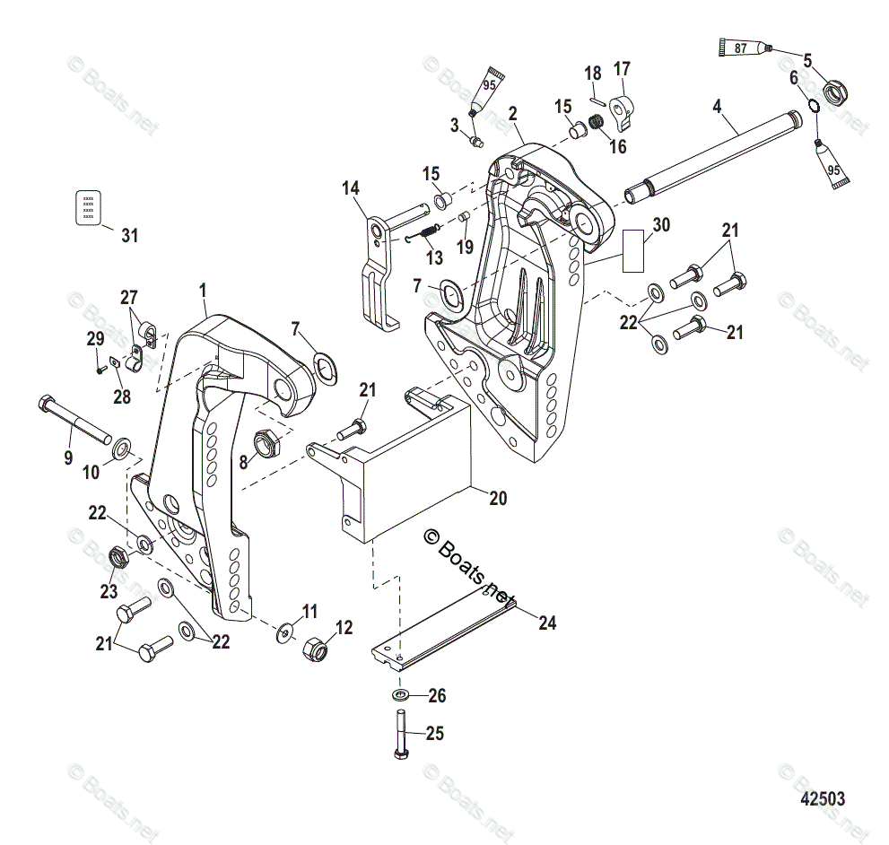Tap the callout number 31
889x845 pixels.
pos(130,236)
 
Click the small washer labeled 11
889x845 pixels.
pos(283,632)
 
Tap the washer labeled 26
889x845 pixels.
pos(401,695)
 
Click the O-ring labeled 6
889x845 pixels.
pos(811,106)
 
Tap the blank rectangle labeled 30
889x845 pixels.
pos(634,250)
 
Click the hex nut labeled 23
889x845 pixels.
pos(117,558)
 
